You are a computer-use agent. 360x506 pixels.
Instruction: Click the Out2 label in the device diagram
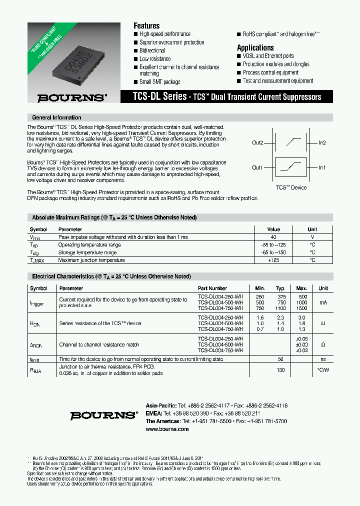257,143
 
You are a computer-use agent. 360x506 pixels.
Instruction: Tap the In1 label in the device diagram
322,167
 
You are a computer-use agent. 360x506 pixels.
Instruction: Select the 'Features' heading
146,25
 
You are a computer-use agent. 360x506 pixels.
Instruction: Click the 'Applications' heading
255,47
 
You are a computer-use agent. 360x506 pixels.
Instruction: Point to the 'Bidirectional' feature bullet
152,50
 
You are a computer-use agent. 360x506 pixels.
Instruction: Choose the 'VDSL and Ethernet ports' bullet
268,56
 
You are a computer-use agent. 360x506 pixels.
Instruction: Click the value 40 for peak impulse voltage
273,237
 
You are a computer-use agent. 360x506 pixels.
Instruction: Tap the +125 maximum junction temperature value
273,260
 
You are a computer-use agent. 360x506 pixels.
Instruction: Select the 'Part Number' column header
212,288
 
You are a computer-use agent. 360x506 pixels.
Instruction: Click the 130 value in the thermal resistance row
280,370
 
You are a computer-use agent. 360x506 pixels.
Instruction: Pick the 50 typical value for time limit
280,359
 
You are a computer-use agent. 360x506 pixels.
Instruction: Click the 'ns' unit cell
323,359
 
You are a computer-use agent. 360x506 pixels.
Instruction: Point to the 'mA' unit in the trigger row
323,302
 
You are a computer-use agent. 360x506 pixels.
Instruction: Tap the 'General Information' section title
56,117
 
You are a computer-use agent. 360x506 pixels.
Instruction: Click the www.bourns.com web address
167,429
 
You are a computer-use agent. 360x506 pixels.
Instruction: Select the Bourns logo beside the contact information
103,415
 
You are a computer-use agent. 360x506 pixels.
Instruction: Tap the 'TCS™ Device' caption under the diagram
291,187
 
